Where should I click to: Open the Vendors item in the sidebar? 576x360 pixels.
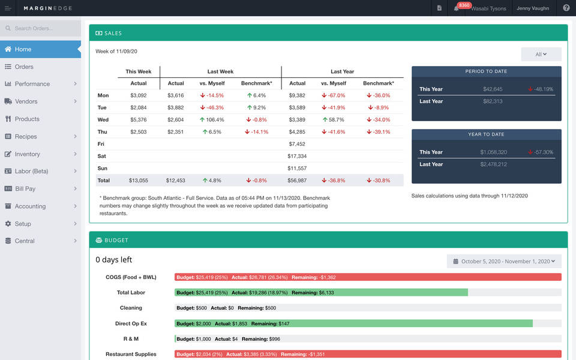coord(26,101)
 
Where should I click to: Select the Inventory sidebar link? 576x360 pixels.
coord(27,154)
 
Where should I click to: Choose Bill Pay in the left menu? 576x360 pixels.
coord(25,189)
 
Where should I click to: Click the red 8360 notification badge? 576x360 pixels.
coord(464,5)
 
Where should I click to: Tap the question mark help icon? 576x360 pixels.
coord(566,8)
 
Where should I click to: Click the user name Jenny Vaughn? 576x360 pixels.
coord(533,8)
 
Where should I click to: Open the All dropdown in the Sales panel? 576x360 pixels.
coord(541,55)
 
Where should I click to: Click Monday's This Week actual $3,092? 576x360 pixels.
coord(138,95)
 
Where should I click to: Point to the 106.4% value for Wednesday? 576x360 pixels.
coord(212,119)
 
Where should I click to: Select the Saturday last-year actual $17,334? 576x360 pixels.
coord(297,156)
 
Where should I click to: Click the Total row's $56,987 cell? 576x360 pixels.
coord(297,180)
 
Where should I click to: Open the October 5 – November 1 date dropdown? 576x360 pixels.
coord(504,262)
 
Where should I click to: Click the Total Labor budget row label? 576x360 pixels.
coord(131,293)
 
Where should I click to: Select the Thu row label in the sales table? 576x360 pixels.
coord(103,131)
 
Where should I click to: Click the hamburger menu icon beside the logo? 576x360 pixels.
coord(8,8)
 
